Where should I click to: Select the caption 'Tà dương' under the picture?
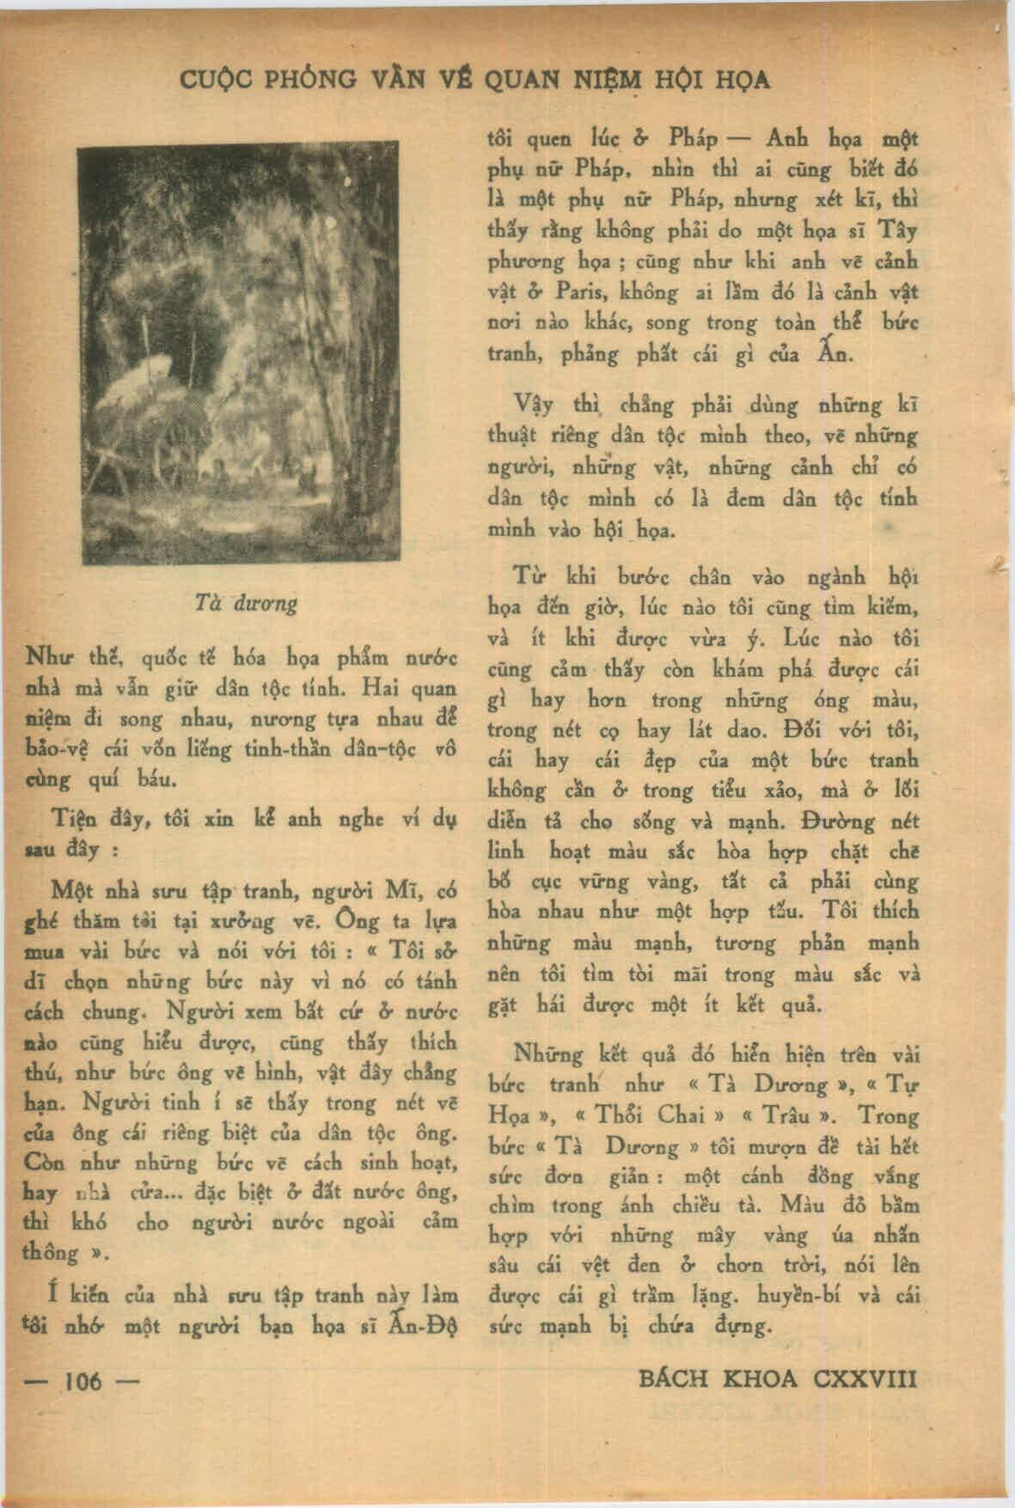click(x=247, y=602)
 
